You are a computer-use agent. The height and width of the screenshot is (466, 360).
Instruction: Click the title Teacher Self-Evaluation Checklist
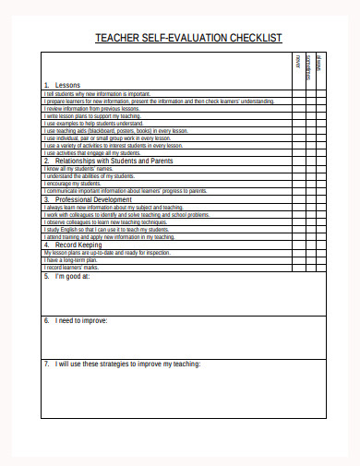(x=188, y=38)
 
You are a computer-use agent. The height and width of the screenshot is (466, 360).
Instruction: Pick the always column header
(x=319, y=65)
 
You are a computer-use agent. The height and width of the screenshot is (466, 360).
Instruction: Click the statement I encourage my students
(x=73, y=183)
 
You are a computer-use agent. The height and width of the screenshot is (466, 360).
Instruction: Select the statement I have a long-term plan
(x=70, y=259)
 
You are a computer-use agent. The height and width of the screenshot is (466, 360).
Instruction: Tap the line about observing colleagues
(x=105, y=221)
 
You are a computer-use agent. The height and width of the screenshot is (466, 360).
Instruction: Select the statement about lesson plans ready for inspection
(x=106, y=252)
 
